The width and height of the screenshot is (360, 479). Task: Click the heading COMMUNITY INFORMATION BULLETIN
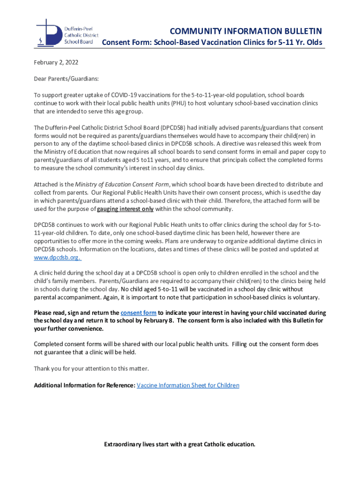[x=245, y=31]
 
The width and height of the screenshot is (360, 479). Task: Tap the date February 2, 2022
[x=56, y=62]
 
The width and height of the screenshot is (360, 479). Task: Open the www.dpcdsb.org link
[x=58, y=257]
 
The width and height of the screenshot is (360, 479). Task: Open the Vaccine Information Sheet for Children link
[x=188, y=385]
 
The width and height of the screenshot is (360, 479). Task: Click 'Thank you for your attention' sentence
[x=91, y=369]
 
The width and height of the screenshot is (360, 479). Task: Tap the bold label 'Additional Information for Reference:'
[x=85, y=385]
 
